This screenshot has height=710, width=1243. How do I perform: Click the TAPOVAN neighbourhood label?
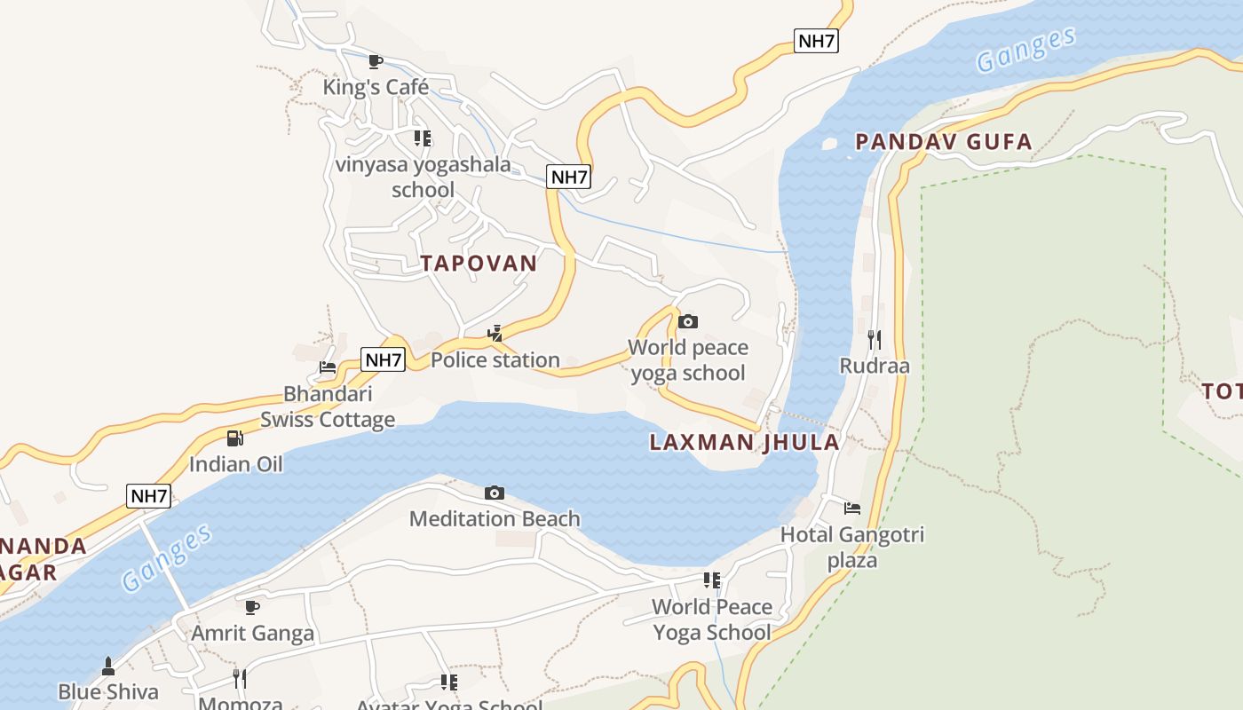coord(479,263)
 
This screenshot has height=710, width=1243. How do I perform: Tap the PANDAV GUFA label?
coord(943,141)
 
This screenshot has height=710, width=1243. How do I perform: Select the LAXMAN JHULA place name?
coord(744,442)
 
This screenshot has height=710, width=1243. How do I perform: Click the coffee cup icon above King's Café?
coord(376,61)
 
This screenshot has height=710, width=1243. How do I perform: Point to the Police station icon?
coord(495,334)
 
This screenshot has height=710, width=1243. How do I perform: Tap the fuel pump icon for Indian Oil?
coord(235,438)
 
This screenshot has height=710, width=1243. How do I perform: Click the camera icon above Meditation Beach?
coord(495,493)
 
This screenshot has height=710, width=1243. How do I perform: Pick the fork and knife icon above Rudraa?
coord(875,339)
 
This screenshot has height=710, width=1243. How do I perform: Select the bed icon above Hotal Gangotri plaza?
coord(852,509)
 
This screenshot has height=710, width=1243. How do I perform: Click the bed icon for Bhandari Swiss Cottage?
coord(328,367)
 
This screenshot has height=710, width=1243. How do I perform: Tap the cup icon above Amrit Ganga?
coord(252,607)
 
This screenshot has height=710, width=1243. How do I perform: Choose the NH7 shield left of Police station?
coord(384,359)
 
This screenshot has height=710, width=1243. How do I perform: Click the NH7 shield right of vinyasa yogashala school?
coord(569,177)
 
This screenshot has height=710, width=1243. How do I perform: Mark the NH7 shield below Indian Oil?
coord(148,496)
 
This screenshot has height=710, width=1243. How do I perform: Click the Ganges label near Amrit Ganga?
coord(167,556)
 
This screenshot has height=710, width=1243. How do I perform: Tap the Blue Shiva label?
coord(108,691)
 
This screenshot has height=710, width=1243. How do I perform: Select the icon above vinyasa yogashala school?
coord(423,138)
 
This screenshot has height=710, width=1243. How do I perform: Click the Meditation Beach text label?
coord(495,518)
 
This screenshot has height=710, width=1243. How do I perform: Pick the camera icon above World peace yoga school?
coord(687,321)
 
